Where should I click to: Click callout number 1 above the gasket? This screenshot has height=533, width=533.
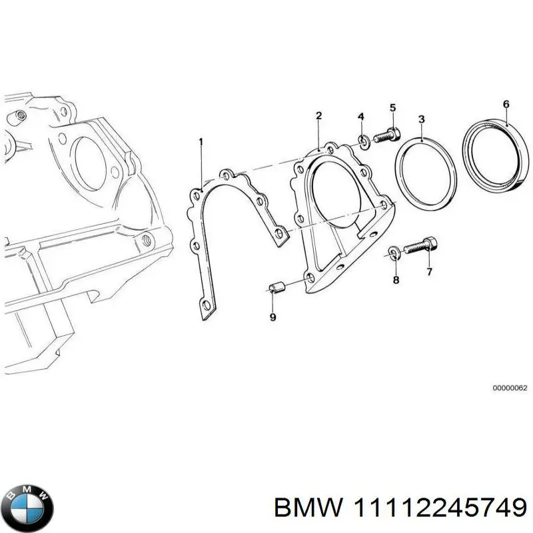201,142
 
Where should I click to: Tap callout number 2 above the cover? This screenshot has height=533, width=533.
318,115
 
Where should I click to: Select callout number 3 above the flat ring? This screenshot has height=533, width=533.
422,119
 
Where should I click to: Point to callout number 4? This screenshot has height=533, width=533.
361,117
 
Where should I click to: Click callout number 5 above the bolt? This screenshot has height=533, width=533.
392,108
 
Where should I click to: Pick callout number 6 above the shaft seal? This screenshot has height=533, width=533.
506,104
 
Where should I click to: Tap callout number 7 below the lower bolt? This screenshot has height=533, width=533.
429,272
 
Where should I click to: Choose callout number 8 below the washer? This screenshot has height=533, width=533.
396,280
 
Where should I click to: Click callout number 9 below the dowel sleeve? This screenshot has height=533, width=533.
272,317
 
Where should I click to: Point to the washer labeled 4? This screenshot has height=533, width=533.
364,141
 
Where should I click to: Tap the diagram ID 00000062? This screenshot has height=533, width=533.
510,388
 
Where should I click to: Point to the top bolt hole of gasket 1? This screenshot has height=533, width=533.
225,175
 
